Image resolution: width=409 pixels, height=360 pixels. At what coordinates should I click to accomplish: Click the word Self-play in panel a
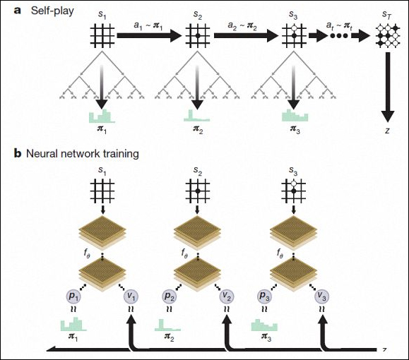click(x=52, y=11)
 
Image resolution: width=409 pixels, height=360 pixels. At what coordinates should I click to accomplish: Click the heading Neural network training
click(x=83, y=154)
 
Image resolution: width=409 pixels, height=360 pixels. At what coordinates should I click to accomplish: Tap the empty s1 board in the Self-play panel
click(x=102, y=36)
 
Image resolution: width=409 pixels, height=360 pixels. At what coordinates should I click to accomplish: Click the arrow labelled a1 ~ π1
click(x=148, y=36)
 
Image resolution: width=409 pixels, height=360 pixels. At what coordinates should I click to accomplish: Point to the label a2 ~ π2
click(x=242, y=26)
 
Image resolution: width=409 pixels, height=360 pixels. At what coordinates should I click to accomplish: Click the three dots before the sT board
click(x=339, y=36)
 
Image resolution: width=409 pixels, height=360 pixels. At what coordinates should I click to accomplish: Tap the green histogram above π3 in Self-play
click(x=295, y=116)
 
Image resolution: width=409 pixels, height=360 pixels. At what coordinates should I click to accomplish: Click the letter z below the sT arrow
click(x=387, y=131)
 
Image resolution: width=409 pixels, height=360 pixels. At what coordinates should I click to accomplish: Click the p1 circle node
click(x=74, y=296)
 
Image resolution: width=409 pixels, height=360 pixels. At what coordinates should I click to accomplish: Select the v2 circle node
click(x=227, y=296)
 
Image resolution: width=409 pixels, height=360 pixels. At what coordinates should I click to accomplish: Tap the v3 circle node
click(x=322, y=296)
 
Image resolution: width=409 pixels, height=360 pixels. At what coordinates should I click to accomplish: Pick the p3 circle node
click(x=265, y=296)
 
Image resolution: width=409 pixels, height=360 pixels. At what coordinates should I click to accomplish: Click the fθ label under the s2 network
click(x=184, y=253)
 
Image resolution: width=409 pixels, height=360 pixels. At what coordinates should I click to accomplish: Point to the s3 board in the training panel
click(x=293, y=191)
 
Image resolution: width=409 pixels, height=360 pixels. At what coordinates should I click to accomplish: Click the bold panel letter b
click(x=17, y=154)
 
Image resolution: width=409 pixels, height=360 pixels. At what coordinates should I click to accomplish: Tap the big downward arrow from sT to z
click(x=388, y=87)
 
